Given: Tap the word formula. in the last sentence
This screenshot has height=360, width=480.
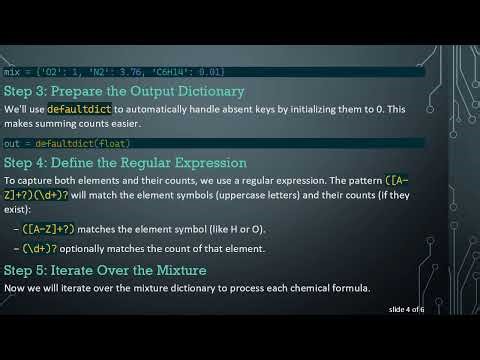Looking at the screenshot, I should (346, 288).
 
